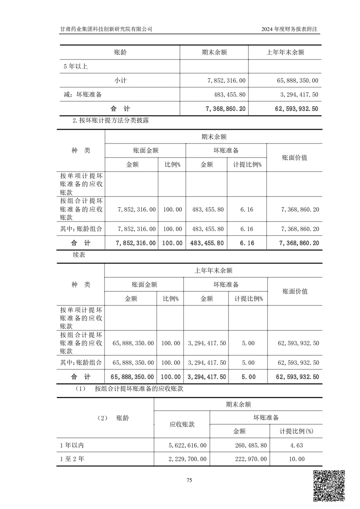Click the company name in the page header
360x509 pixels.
(106, 29)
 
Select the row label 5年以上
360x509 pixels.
(75, 66)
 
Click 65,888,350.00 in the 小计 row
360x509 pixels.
(297, 80)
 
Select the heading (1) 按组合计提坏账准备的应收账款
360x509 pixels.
(130, 388)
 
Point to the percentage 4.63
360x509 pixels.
(297, 446)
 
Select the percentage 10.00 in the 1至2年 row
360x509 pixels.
(297, 459)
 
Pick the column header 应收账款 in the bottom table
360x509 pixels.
(182, 425)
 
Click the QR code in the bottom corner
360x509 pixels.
(330, 486)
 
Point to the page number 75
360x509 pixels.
(190, 480)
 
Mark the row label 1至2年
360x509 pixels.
(72, 459)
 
